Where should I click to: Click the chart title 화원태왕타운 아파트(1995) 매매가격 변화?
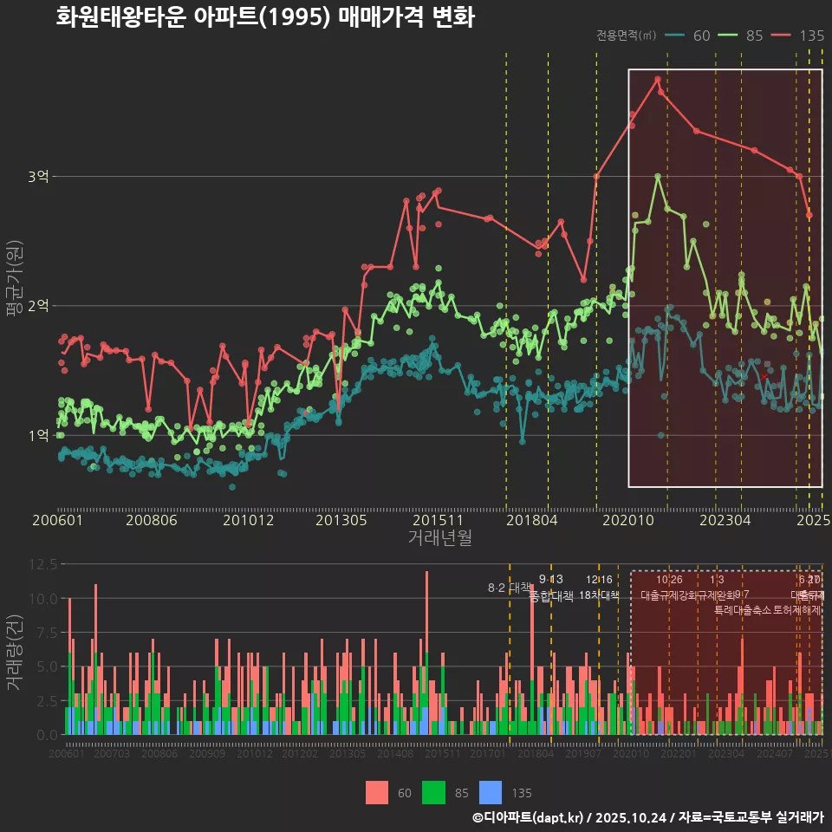pos(264,17)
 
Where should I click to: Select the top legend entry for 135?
pos(797,36)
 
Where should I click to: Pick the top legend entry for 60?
pos(688,36)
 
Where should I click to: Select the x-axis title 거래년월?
pos(439,538)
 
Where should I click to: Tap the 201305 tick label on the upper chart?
pos(341,520)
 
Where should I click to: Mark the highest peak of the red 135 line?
pos(658,79)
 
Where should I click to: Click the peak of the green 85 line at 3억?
pos(658,176)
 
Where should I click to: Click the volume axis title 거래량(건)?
pos(15,652)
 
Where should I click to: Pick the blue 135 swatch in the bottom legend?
pos(491,792)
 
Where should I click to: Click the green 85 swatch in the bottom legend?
pos(433,792)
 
